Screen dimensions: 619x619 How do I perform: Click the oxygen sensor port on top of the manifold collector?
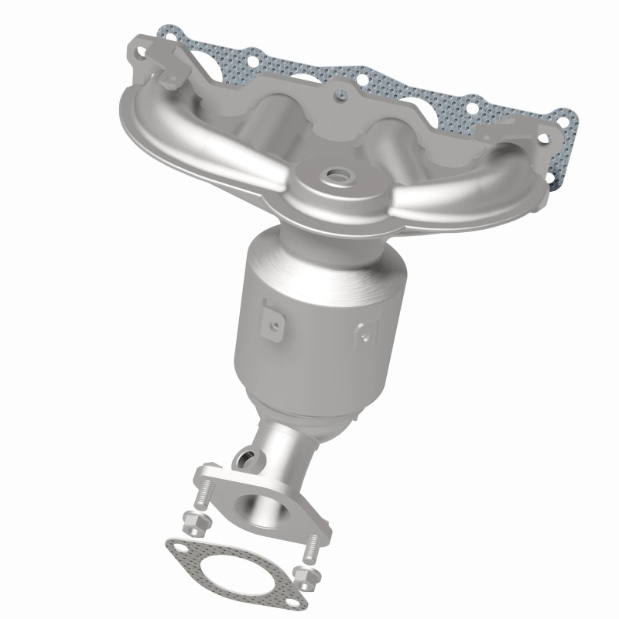338,176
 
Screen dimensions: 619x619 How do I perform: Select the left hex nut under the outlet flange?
194,523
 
